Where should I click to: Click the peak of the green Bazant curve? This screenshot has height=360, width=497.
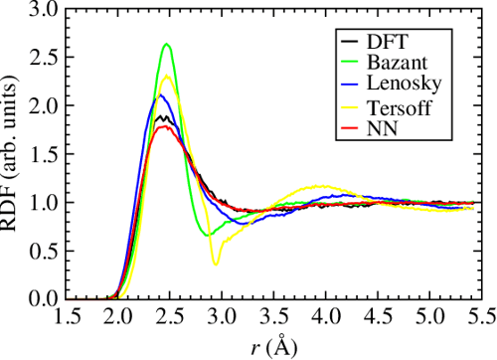click(167, 45)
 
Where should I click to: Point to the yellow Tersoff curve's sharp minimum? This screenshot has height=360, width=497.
click(215, 264)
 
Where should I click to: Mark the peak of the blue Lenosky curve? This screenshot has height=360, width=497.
click(160, 95)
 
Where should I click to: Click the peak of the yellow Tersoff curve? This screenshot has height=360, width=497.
click(167, 78)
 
